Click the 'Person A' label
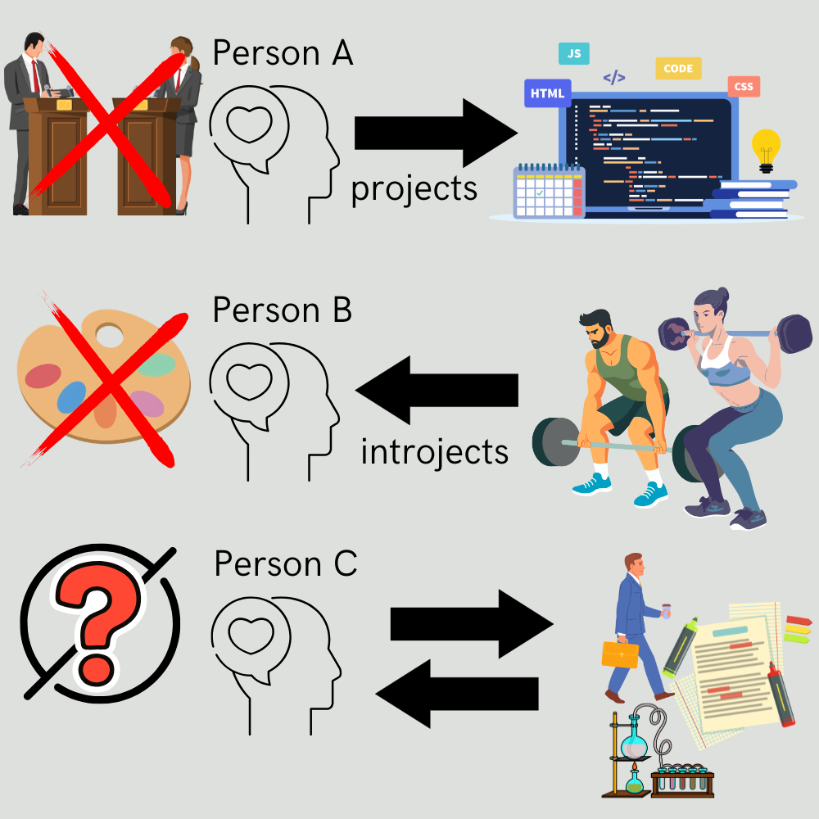283,53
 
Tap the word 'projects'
414,188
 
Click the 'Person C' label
285,564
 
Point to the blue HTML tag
547,93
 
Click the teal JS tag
574,54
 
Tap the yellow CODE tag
678,69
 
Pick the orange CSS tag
744,86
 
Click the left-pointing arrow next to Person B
437,389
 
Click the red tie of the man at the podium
35,75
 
